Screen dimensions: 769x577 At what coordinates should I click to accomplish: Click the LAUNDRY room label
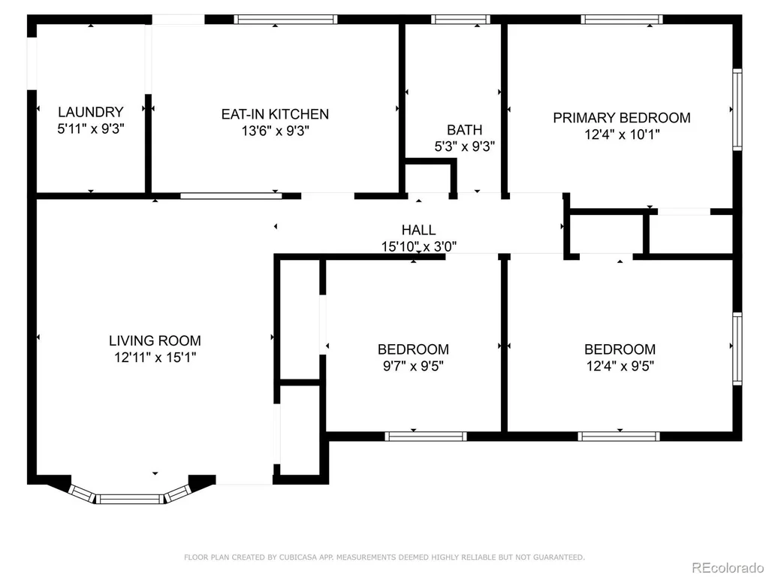[x=91, y=112]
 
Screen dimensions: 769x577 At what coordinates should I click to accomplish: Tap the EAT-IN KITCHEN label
[x=275, y=114]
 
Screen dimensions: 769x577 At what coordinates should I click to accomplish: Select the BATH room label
[x=464, y=130]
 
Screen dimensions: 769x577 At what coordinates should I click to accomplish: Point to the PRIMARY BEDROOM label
[x=622, y=118]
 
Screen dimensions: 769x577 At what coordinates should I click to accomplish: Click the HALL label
[x=418, y=230]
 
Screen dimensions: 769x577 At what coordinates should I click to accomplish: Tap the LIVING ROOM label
[x=155, y=340]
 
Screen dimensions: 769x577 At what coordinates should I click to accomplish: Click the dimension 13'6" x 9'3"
[x=275, y=131]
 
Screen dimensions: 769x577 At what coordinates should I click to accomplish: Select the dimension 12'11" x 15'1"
[x=155, y=357]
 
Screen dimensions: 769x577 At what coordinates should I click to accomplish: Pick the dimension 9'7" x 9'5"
[x=413, y=366]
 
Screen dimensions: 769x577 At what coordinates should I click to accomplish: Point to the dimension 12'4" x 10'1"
[x=622, y=134]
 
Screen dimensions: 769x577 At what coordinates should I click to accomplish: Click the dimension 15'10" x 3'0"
[x=419, y=246]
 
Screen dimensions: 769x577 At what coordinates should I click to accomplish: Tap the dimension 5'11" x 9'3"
[x=91, y=128]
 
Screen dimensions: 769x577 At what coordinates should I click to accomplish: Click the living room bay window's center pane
[x=129, y=499]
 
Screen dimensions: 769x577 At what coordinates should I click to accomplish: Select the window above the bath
[x=460, y=20]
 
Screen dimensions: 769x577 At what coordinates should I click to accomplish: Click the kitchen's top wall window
[x=285, y=20]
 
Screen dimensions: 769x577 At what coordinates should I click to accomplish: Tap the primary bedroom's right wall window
[x=737, y=110]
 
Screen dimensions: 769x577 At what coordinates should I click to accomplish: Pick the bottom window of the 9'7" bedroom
[x=426, y=437]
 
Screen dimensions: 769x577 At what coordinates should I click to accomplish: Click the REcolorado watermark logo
[x=727, y=567]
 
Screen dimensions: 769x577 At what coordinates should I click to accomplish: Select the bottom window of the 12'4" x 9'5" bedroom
[x=619, y=437]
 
